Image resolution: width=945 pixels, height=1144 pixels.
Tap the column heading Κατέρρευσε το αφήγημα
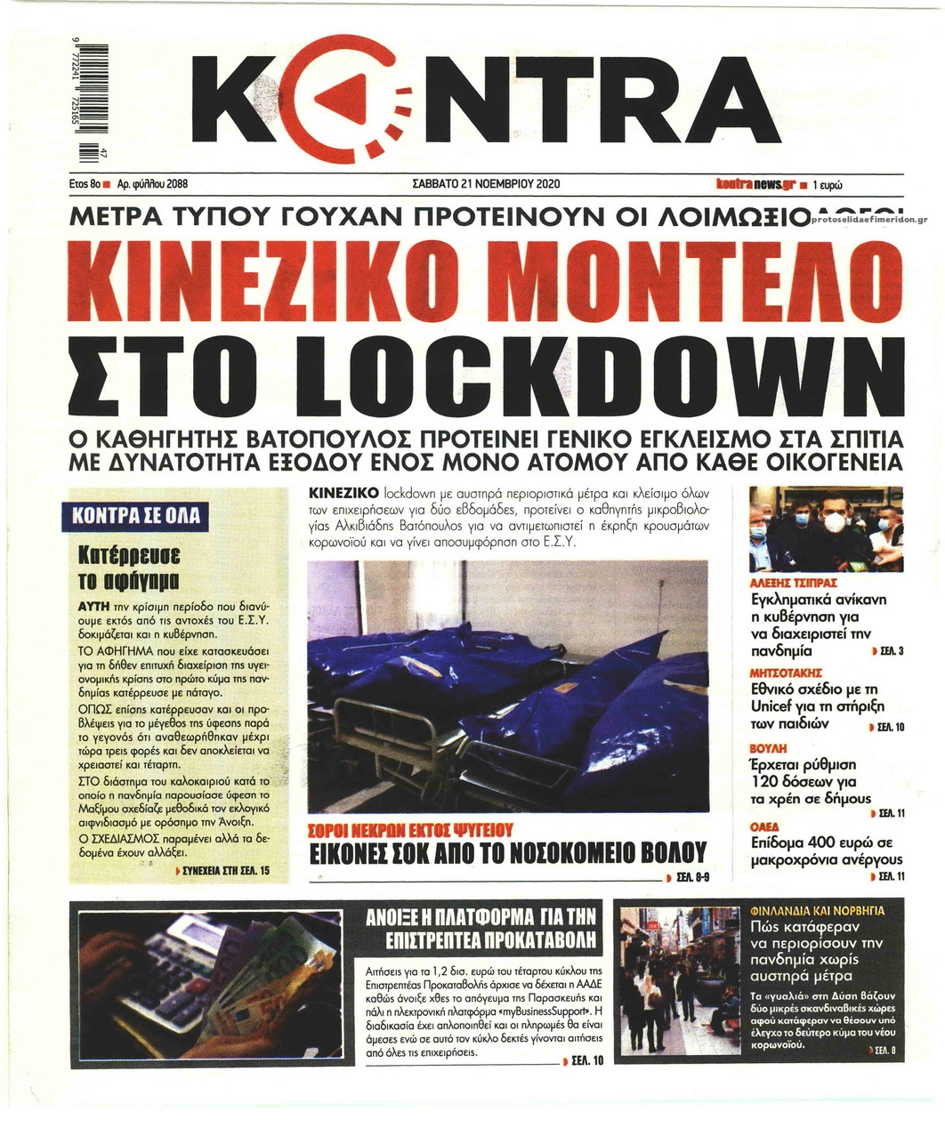click(130, 568)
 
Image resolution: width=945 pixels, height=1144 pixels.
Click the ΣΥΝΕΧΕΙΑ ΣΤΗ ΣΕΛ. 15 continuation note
click(223, 870)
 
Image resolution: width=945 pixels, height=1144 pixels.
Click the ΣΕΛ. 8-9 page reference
click(691, 877)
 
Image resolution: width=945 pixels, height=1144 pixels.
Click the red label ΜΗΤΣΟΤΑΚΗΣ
click(786, 673)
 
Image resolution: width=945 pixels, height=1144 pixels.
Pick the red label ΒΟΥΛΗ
click(769, 748)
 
